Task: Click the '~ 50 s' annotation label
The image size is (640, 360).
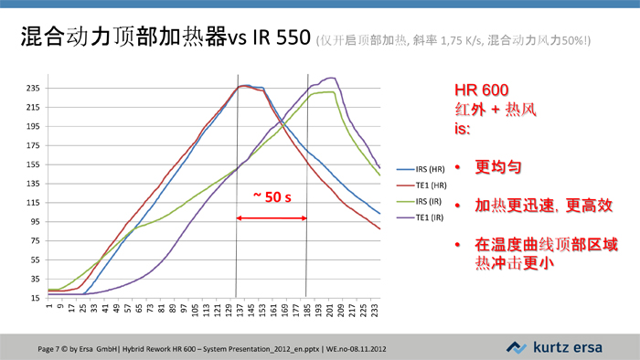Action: click(x=272, y=196)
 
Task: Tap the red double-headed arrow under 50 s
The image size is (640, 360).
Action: click(x=272, y=217)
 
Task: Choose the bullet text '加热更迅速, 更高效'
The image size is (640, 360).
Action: click(x=537, y=206)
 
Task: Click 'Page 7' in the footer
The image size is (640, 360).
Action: click(x=54, y=348)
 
